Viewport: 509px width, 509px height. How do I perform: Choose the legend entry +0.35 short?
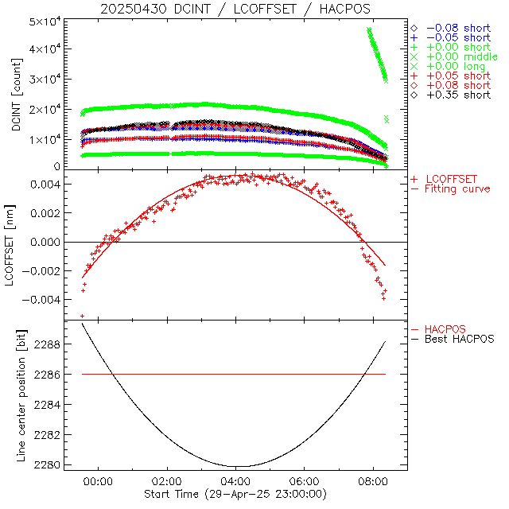tap(458, 95)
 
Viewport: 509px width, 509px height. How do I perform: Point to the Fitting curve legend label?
tap(457, 188)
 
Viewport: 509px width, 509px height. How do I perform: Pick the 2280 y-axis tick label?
tap(54, 464)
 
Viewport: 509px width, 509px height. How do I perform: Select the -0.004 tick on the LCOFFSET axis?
tap(47, 300)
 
